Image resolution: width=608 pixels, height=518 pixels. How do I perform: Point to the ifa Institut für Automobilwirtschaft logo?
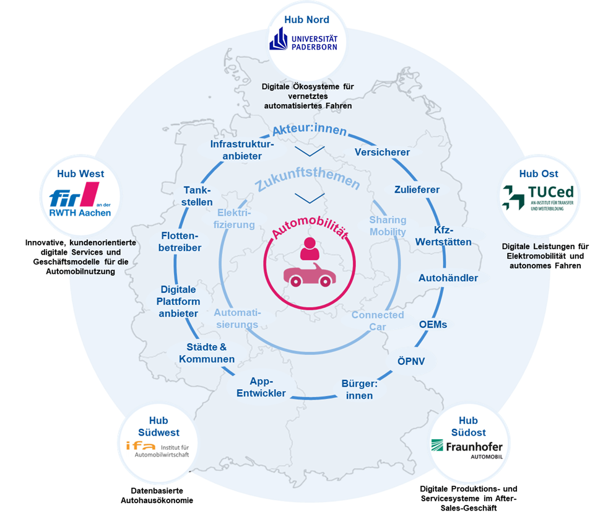[x=157, y=449]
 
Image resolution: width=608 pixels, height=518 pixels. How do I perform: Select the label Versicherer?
[x=382, y=152]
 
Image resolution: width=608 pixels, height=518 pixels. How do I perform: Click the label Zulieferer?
[x=417, y=190]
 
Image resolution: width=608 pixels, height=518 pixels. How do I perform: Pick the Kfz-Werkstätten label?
[x=452, y=235]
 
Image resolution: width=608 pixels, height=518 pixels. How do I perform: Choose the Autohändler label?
[x=448, y=278]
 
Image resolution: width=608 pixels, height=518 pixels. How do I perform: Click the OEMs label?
[x=433, y=324]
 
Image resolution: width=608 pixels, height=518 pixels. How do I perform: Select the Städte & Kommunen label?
[x=207, y=353]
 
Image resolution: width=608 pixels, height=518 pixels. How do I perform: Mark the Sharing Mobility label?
[x=388, y=226]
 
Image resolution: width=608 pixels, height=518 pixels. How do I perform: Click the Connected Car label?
[x=378, y=320]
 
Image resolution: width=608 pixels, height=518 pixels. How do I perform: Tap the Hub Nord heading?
[x=306, y=20]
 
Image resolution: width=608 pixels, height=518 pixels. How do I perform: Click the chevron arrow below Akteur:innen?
[x=309, y=151]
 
